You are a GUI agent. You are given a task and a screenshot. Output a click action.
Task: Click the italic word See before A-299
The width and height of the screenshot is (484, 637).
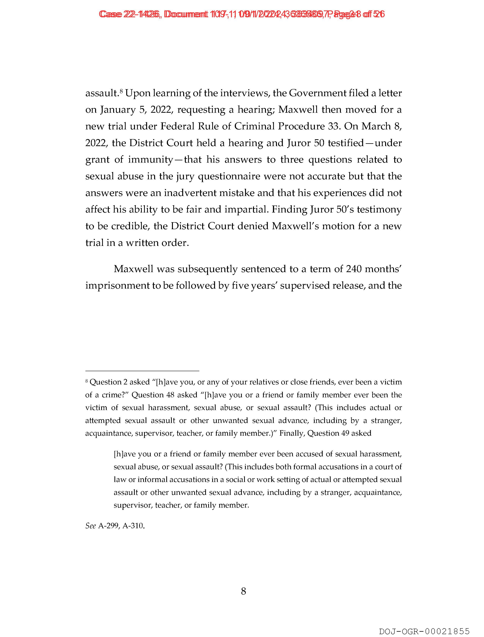click(x=91, y=526)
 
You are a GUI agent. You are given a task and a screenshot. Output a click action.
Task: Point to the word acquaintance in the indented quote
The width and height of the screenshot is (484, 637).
click(x=377, y=492)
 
